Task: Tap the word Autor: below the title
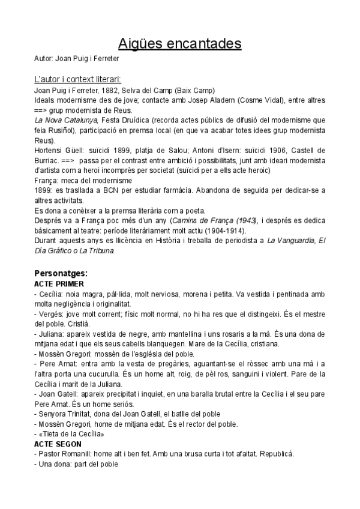[44, 59]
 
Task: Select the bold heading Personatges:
[61, 273]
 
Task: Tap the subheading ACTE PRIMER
[59, 283]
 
